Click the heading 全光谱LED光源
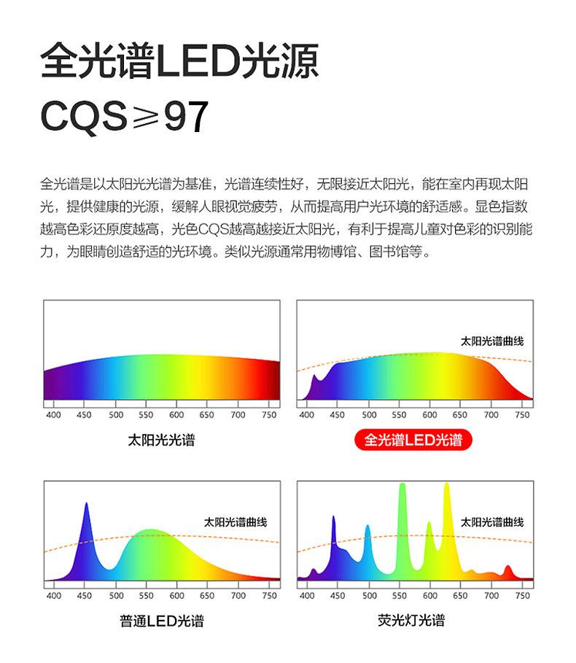pyautogui.click(x=179, y=61)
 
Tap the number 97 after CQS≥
pyautogui.click(x=186, y=116)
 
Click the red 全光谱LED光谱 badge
pyautogui.click(x=413, y=440)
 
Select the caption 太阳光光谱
pyautogui.click(x=161, y=440)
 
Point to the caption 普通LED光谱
pyautogui.click(x=161, y=621)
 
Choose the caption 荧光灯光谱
pyautogui.click(x=411, y=620)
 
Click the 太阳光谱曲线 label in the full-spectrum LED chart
pyautogui.click(x=492, y=341)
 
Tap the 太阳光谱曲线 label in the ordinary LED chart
pyautogui.click(x=236, y=522)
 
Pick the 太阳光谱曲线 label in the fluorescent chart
pyautogui.click(x=492, y=522)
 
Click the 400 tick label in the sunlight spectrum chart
pyautogui.click(x=54, y=415)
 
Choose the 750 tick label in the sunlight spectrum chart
pyautogui.click(x=269, y=415)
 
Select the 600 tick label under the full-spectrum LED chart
pyautogui.click(x=429, y=415)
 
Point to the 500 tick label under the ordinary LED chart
pyautogui.click(x=116, y=596)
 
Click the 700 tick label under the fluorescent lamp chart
pyautogui.click(x=491, y=596)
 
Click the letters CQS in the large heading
pyautogui.click(x=83, y=116)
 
